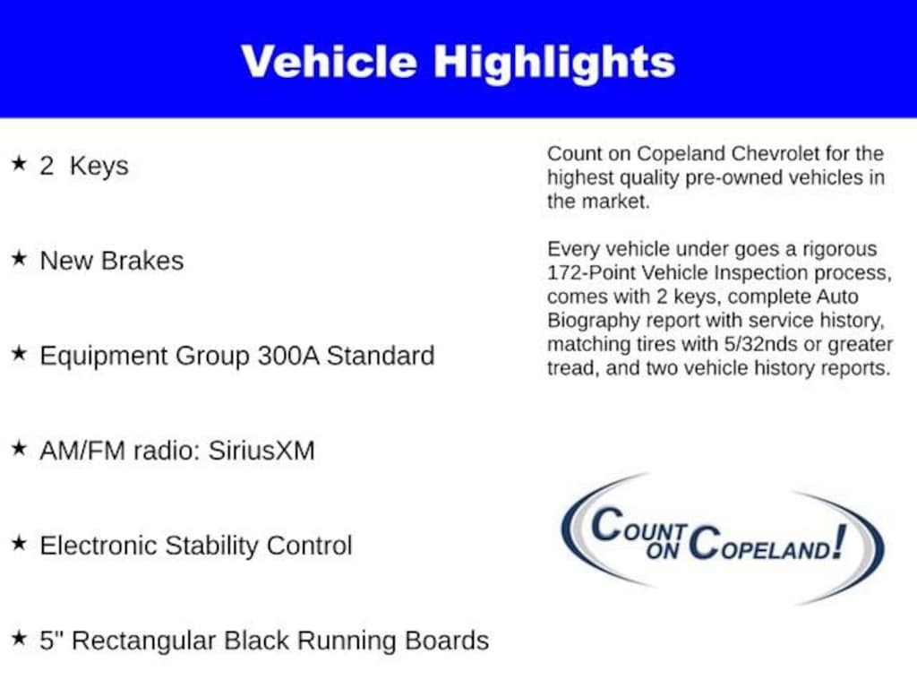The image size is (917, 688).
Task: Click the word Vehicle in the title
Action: pos(329,62)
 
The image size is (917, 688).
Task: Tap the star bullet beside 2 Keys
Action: pos(20,163)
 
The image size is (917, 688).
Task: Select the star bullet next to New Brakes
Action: pos(20,258)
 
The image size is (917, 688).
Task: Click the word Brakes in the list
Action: pos(142,261)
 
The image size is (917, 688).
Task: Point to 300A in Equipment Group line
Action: pos(288,356)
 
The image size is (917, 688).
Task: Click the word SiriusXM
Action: pos(261,451)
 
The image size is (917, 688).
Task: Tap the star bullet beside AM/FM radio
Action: pos(20,448)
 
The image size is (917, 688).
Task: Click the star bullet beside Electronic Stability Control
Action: pos(20,543)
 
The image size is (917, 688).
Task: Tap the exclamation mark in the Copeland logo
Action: pos(840,541)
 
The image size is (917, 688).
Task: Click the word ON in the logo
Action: pos(663,550)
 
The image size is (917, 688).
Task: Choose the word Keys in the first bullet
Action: pos(99,166)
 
